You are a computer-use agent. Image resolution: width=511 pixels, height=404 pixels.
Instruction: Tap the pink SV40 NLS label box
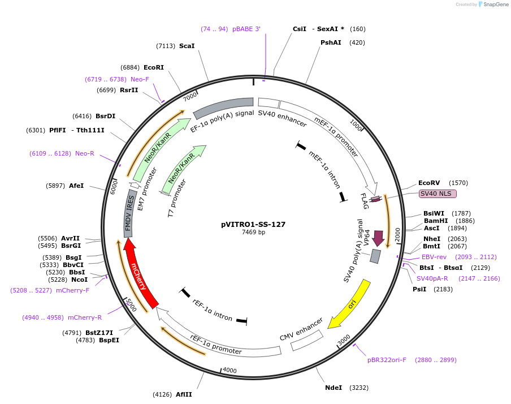click(438, 194)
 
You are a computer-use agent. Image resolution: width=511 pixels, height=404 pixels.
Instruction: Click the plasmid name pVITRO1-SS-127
click(253, 224)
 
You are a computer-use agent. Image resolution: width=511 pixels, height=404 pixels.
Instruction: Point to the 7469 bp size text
click(253, 232)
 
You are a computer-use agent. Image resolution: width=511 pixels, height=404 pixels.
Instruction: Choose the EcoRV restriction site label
click(429, 183)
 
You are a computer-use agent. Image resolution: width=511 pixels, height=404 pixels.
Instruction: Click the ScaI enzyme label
click(187, 46)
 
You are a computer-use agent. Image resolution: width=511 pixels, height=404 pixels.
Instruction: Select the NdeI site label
click(334, 388)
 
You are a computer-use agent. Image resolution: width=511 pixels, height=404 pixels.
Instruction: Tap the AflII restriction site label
click(184, 394)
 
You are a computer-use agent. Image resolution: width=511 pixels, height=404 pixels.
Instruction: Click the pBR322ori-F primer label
click(387, 360)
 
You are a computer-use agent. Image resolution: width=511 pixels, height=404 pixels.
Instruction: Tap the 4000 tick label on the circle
click(229, 371)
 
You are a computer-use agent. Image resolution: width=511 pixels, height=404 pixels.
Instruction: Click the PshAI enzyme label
click(331, 42)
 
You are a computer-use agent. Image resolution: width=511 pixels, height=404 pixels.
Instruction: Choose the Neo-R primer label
click(85, 153)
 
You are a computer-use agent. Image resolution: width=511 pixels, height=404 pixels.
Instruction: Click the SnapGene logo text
click(493, 5)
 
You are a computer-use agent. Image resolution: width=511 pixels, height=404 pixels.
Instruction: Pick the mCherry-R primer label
click(85, 317)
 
